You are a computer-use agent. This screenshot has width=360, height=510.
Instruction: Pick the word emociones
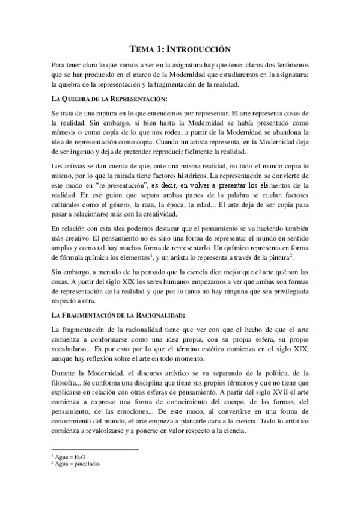(x=132, y=408)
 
